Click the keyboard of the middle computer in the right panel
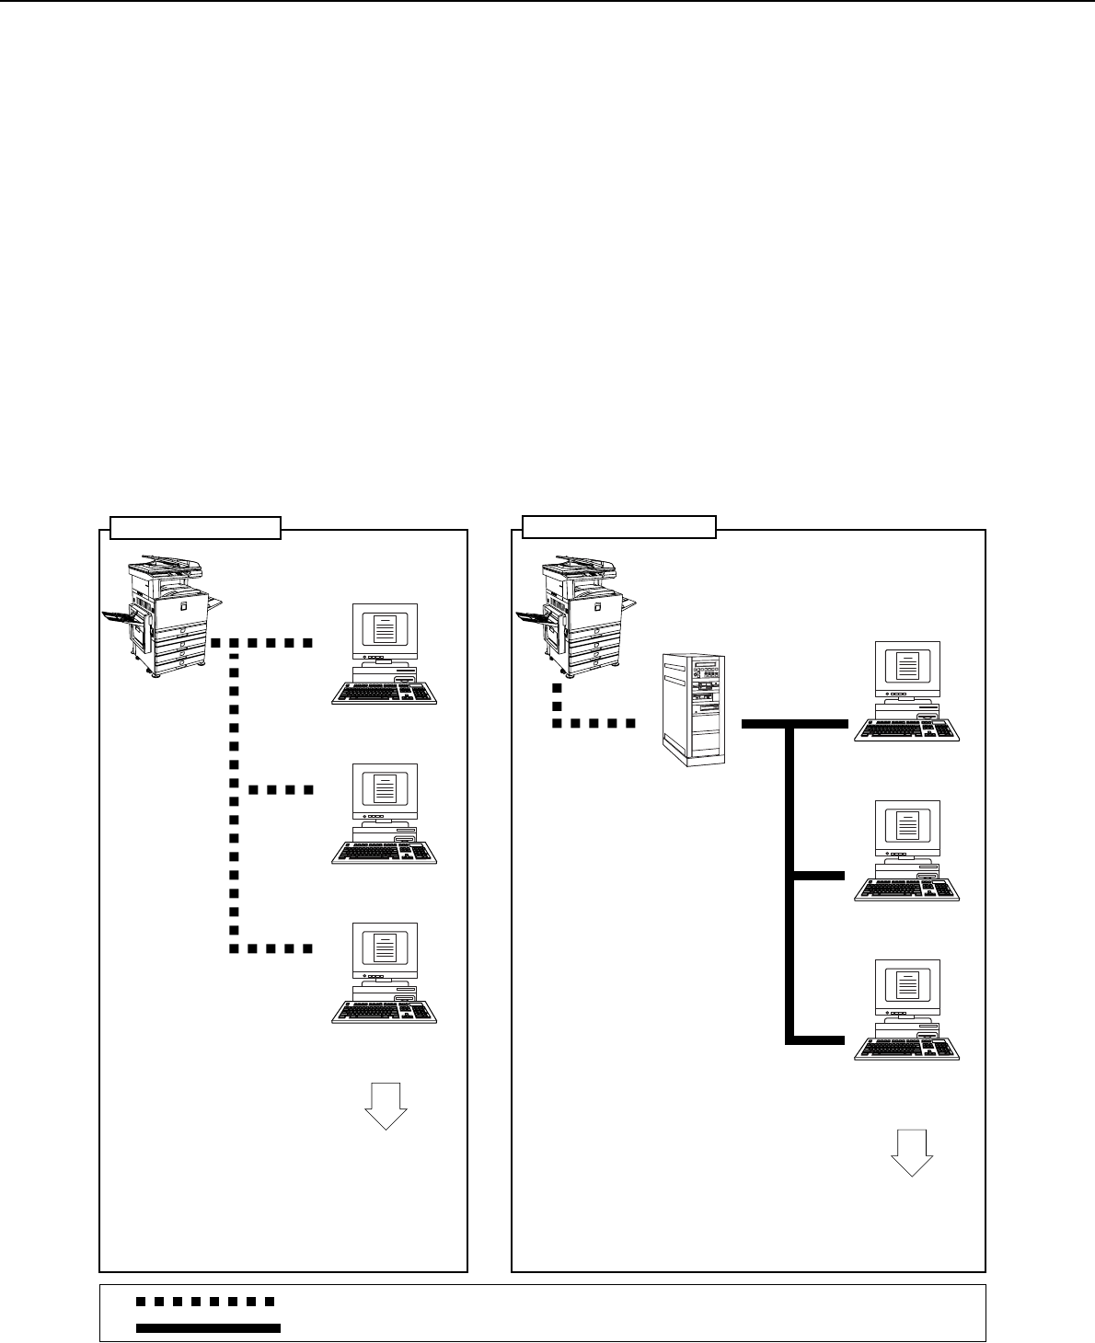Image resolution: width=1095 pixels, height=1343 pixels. [x=906, y=889]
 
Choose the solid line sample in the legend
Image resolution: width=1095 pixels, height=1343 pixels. [x=208, y=1327]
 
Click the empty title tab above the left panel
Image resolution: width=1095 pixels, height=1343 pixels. [x=195, y=528]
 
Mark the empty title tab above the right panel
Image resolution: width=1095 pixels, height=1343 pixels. [x=619, y=527]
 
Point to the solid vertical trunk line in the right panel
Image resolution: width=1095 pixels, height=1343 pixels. [x=790, y=883]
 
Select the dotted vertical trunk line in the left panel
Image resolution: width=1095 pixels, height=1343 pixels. [x=233, y=791]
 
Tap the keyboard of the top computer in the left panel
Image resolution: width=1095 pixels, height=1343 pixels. [x=385, y=693]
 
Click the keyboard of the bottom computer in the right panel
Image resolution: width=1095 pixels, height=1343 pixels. [x=906, y=1049]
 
